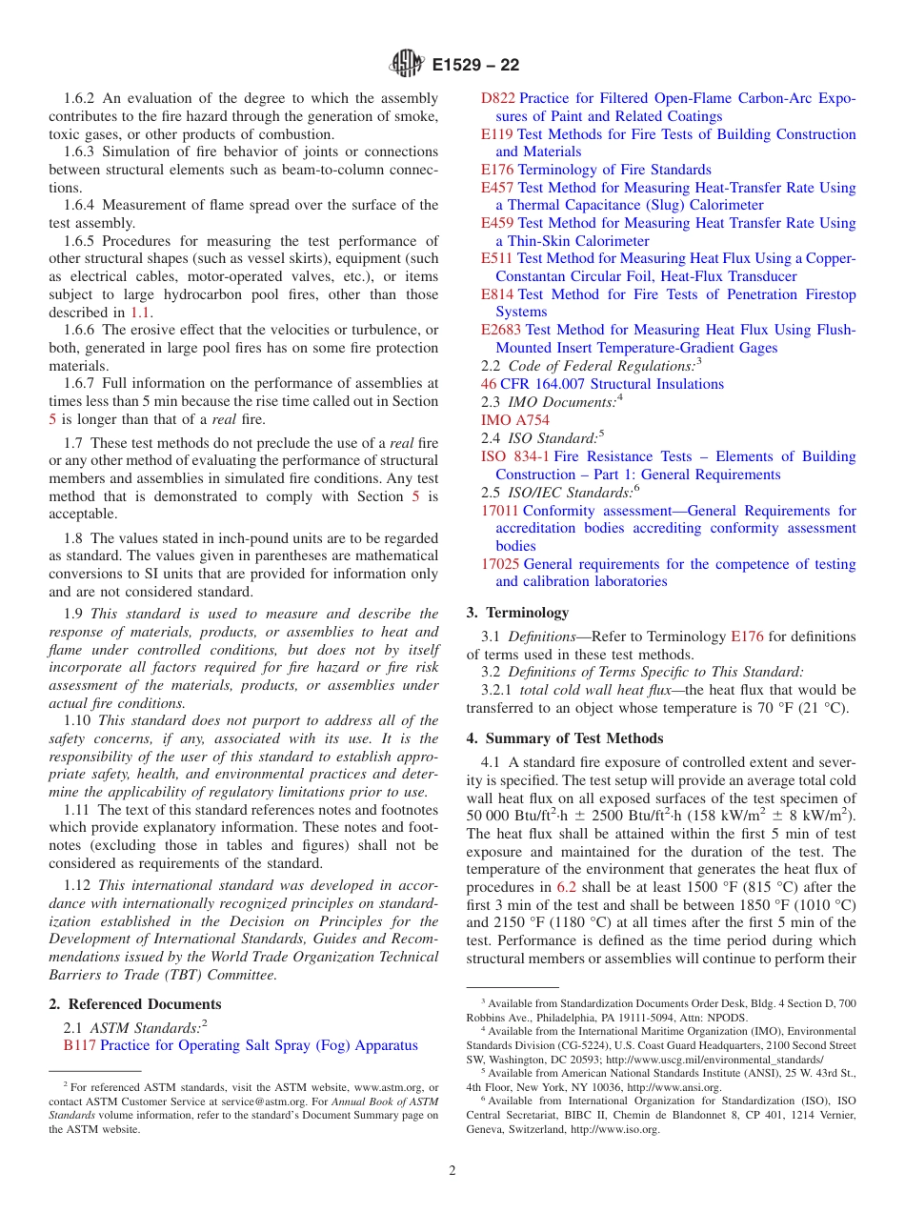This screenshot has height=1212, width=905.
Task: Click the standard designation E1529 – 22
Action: pos(475,66)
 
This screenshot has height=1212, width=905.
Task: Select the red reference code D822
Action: pos(497,98)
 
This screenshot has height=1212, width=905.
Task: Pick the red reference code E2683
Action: pos(502,331)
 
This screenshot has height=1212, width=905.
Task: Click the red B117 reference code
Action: pos(79,1045)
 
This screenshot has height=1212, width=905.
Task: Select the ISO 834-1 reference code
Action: pos(514,456)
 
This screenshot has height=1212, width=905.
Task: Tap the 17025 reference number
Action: pos(500,564)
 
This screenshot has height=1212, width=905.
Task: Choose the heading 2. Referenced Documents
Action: pos(135,1004)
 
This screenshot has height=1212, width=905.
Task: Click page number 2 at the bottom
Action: pos(452,1171)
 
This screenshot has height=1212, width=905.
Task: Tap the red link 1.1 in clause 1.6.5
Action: pos(140,313)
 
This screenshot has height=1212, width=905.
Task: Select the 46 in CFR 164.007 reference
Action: pos(489,384)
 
